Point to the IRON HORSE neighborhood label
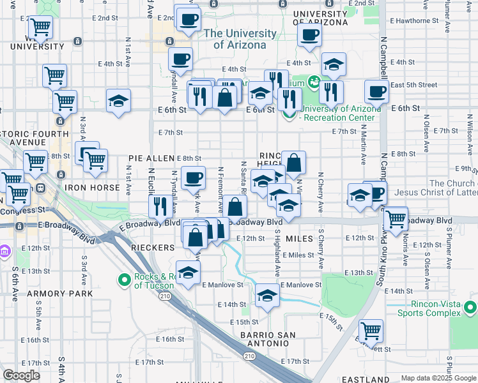tap(92, 188)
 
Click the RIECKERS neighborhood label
tap(153, 246)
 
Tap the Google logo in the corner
tap(21, 375)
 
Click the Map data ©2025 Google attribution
tap(438, 378)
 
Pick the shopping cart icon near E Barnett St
tap(371, 331)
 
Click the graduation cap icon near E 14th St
tap(266, 296)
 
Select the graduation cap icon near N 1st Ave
tap(118, 101)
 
